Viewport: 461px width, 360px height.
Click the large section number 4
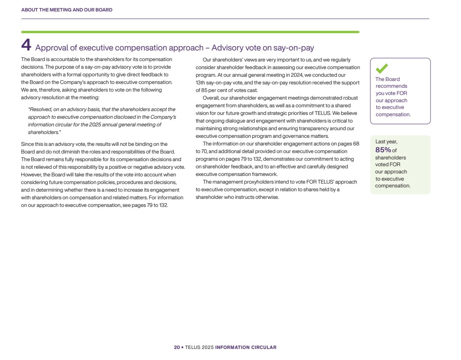[x=26, y=45]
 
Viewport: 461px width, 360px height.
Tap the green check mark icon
[x=382, y=68]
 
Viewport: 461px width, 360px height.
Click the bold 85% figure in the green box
[x=383, y=150]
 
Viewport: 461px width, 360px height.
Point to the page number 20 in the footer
[x=176, y=347]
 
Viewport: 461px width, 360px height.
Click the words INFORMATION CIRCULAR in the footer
[x=246, y=347]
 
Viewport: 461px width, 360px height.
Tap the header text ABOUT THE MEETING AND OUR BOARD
[x=67, y=10]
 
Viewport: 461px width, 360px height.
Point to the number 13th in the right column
[x=201, y=82]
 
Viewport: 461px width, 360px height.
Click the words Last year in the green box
[x=386, y=142]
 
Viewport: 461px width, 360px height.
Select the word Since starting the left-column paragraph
[x=28, y=144]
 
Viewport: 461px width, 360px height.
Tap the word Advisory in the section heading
[x=228, y=47]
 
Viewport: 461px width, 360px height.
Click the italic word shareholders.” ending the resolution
[x=42, y=132]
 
